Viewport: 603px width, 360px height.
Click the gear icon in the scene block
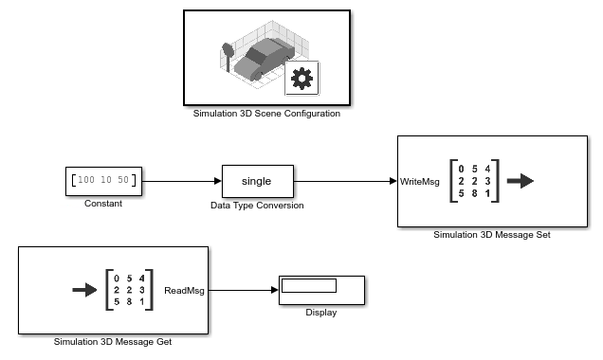(302, 80)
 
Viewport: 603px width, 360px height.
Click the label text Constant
(103, 204)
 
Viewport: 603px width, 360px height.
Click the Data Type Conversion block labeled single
(257, 180)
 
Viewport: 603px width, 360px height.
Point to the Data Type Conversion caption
(257, 205)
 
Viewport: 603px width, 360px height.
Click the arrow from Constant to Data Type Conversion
(181, 180)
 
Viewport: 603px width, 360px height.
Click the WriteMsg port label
(419, 181)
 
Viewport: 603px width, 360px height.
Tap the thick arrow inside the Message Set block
(521, 181)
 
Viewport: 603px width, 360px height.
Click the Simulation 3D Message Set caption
(491, 234)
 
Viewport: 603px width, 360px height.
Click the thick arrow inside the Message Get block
(85, 290)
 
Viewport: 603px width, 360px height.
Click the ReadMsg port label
(184, 291)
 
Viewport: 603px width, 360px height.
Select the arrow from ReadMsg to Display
(243, 291)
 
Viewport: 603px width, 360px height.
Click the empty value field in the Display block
(309, 285)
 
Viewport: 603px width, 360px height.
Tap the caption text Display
(321, 313)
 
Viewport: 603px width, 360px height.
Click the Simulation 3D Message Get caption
(113, 342)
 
